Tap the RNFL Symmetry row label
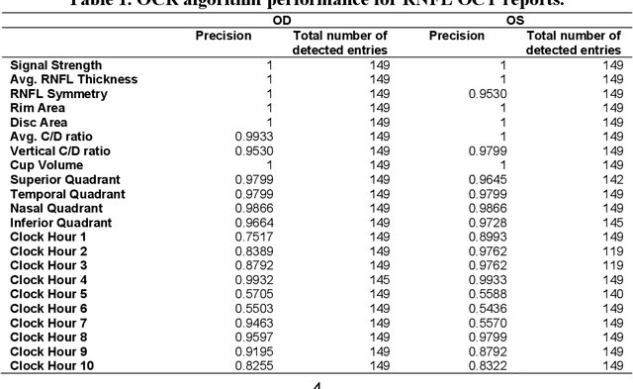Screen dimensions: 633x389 [x=56, y=94]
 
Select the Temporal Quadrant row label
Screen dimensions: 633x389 [x=67, y=194]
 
